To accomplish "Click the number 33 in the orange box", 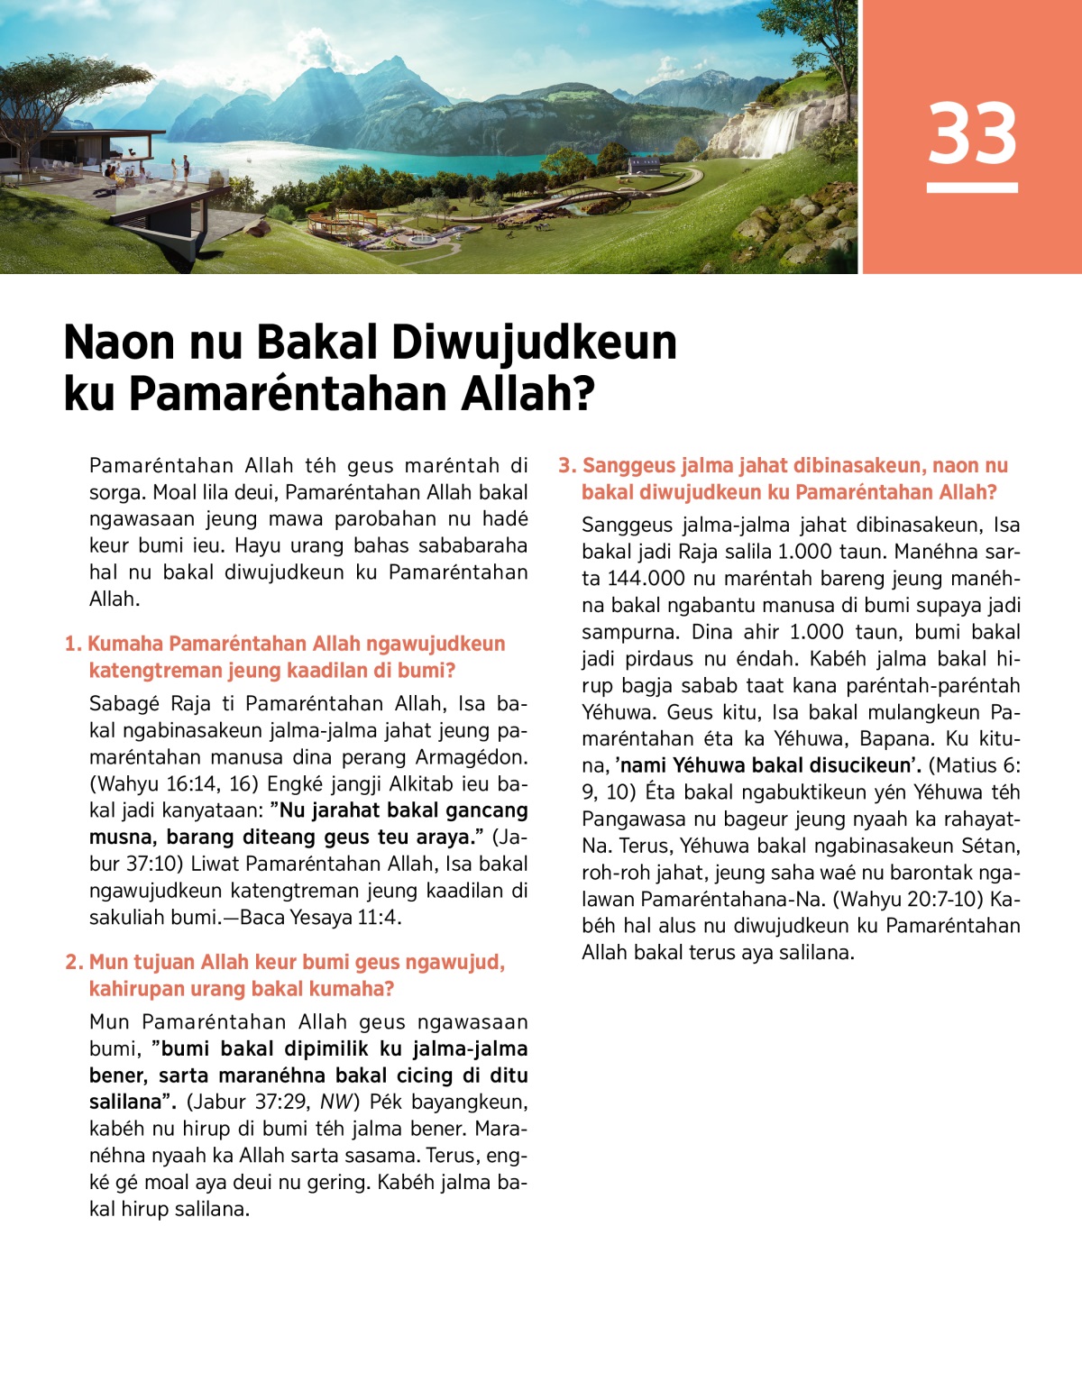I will click(972, 133).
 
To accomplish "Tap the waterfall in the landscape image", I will click(781, 130).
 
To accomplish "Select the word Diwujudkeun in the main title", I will click(533, 343).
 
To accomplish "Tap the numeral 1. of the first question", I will click(73, 644).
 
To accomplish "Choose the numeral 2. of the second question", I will click(74, 962).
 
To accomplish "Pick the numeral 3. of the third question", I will click(566, 465).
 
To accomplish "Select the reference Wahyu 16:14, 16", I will click(179, 783).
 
